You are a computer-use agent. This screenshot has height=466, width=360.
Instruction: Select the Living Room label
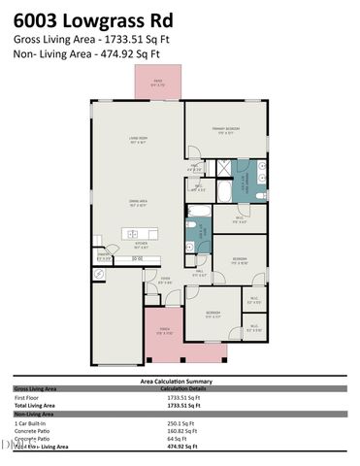[138, 141]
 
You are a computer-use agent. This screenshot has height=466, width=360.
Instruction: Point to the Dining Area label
[139, 202]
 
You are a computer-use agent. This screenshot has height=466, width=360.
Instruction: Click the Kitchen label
[141, 245]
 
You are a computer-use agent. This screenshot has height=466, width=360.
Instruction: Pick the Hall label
[198, 274]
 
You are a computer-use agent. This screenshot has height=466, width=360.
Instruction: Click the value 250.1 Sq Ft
[181, 423]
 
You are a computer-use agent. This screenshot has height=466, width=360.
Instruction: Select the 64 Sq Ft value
[178, 439]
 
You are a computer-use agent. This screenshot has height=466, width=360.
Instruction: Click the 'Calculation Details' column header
[184, 389]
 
